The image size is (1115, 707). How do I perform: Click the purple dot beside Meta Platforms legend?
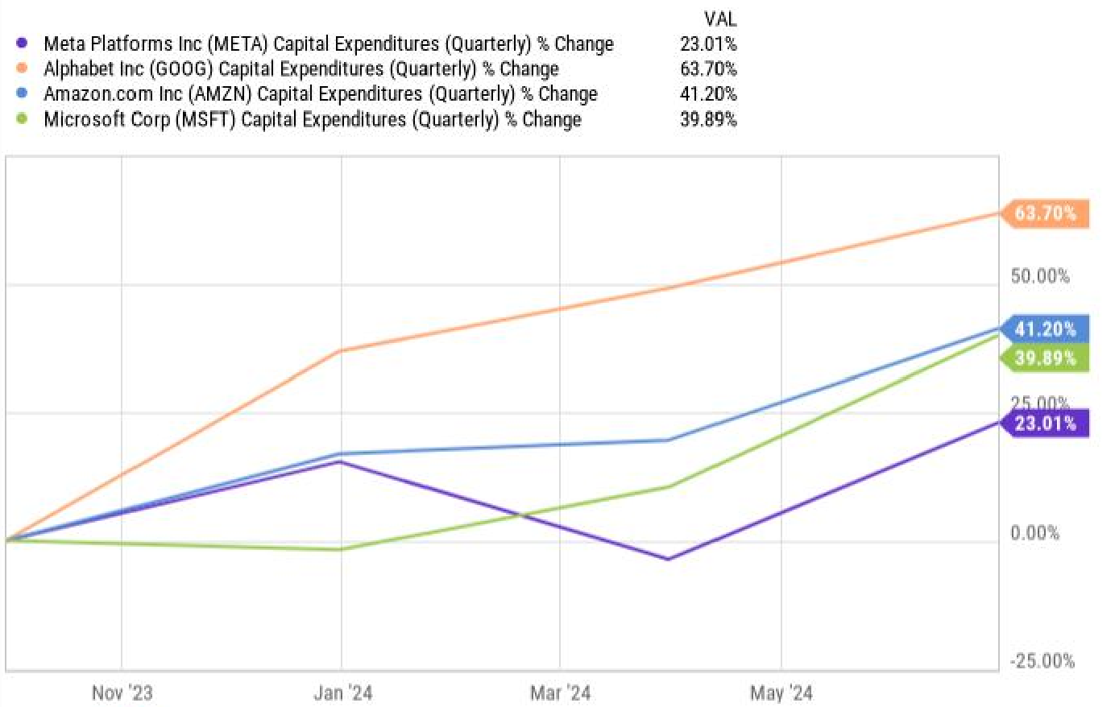coord(22,43)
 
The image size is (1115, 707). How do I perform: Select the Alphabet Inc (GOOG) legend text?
coord(301,69)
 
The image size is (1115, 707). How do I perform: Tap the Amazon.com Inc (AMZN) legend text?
coord(320,94)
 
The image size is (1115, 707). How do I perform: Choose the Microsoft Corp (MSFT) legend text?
coord(312,120)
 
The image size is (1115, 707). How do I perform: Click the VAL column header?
coord(719,19)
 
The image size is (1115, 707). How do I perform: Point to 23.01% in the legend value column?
coord(707,43)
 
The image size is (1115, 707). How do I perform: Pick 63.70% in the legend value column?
coord(707,69)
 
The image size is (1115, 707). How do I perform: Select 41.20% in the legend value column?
coord(707,94)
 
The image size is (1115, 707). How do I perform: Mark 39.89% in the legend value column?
coord(707,120)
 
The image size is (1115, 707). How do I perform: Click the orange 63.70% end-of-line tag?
coord(1045,213)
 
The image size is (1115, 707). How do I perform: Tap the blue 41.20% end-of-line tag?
coord(1045,329)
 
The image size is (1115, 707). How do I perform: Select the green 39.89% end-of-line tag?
coord(1045,358)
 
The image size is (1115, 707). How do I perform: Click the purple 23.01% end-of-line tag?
coord(1045,423)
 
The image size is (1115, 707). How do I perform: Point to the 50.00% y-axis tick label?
coord(1040,276)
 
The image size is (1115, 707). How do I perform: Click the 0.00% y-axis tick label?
coord(1035,533)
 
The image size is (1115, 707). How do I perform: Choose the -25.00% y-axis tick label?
coord(1042,661)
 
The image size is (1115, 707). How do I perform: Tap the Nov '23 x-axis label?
coord(122,693)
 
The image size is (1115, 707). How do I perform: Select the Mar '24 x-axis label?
coord(560,693)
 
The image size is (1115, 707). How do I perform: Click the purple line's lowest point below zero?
coord(668,559)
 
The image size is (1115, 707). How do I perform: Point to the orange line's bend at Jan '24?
coord(342,350)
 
